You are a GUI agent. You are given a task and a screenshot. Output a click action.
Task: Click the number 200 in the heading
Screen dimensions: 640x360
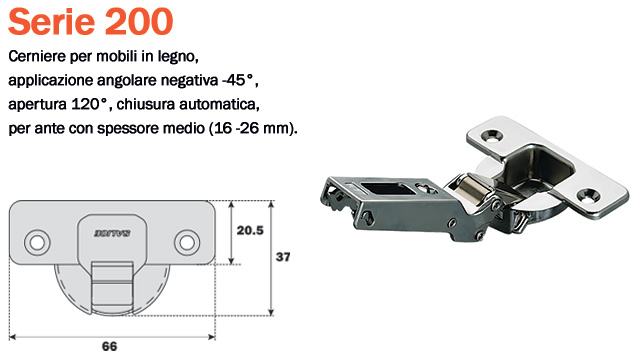[x=139, y=21]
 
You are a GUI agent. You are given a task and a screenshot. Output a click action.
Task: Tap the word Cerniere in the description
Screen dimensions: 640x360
[x=37, y=56]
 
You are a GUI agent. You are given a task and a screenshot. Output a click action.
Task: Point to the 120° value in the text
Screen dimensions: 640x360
[x=91, y=104]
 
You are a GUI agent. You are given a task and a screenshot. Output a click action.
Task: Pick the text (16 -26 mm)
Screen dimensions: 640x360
[x=253, y=129]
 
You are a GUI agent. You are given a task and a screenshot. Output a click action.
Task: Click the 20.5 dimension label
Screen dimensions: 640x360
[x=250, y=231]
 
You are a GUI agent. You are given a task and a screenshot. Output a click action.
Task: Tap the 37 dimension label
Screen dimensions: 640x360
[x=283, y=257]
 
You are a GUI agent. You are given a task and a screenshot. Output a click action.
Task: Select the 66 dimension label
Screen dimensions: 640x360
[x=109, y=347]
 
